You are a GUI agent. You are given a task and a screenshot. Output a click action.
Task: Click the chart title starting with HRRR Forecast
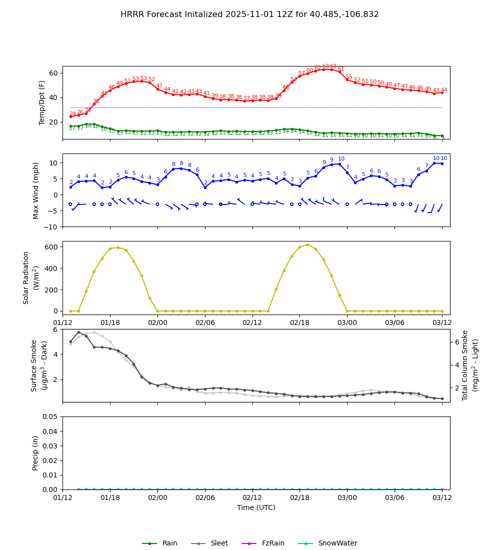(x=249, y=14)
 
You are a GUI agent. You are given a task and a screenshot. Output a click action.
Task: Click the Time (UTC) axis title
(x=256, y=507)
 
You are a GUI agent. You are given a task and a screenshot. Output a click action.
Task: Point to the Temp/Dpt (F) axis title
(x=42, y=102)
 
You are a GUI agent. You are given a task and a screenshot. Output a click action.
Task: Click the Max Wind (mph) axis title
(x=36, y=190)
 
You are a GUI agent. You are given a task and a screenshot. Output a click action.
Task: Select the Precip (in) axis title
(x=35, y=453)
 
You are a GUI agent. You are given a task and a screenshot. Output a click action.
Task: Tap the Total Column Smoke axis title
(x=464, y=365)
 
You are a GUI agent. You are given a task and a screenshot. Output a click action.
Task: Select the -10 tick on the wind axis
(x=51, y=227)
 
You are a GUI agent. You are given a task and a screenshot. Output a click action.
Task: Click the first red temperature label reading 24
(x=72, y=114)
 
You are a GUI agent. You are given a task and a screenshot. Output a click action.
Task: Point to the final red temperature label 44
(x=444, y=90)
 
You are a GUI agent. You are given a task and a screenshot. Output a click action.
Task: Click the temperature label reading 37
(x=246, y=98)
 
